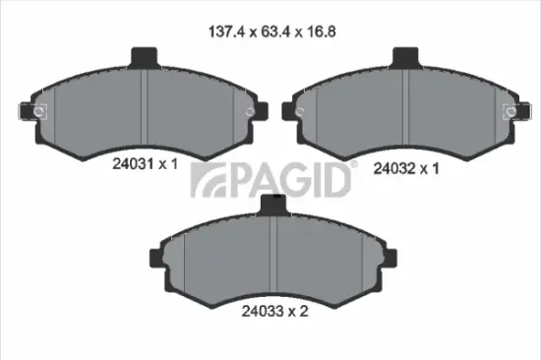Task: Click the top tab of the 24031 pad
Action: [x=144, y=57]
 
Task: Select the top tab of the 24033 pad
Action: [x=273, y=204]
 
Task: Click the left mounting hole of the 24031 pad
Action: [x=39, y=111]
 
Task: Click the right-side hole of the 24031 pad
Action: [x=248, y=111]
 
